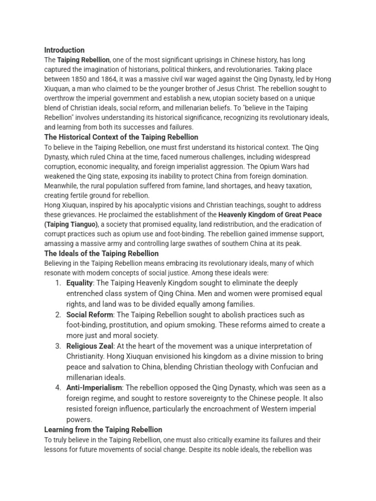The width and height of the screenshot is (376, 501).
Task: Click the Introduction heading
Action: [64, 50]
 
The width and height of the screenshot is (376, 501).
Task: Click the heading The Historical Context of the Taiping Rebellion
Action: [121, 137]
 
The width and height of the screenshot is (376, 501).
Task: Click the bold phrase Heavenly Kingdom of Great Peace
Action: [270, 215]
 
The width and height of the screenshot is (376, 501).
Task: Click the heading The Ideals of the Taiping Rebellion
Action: [101, 253]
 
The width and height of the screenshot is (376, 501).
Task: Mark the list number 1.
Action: [58, 283]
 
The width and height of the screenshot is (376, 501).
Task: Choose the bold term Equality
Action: [79, 283]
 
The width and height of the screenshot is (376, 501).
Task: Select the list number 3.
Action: [58, 346]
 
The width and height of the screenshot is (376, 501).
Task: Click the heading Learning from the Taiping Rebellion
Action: [103, 430]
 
